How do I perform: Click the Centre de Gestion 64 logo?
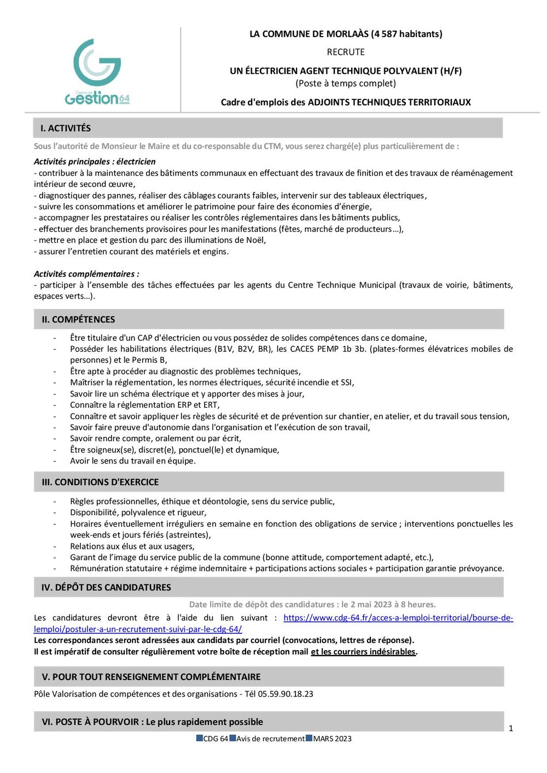click(97, 72)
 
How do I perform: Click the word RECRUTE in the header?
click(346, 52)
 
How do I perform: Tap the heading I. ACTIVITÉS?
click(66, 128)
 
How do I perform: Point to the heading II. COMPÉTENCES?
click(78, 319)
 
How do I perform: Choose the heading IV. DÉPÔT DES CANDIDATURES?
click(106, 588)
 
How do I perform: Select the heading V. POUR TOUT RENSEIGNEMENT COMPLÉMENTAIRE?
click(151, 677)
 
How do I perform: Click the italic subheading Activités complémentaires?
click(86, 274)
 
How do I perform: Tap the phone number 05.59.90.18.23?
click(286, 694)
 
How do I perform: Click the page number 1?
click(511, 729)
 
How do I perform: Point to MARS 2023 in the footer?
click(332, 739)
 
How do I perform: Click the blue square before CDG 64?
click(200, 739)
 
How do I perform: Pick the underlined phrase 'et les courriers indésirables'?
click(363, 652)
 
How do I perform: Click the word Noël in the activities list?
click(255, 240)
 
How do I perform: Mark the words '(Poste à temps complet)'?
click(346, 84)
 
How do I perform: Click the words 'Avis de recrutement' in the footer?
click(270, 739)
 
